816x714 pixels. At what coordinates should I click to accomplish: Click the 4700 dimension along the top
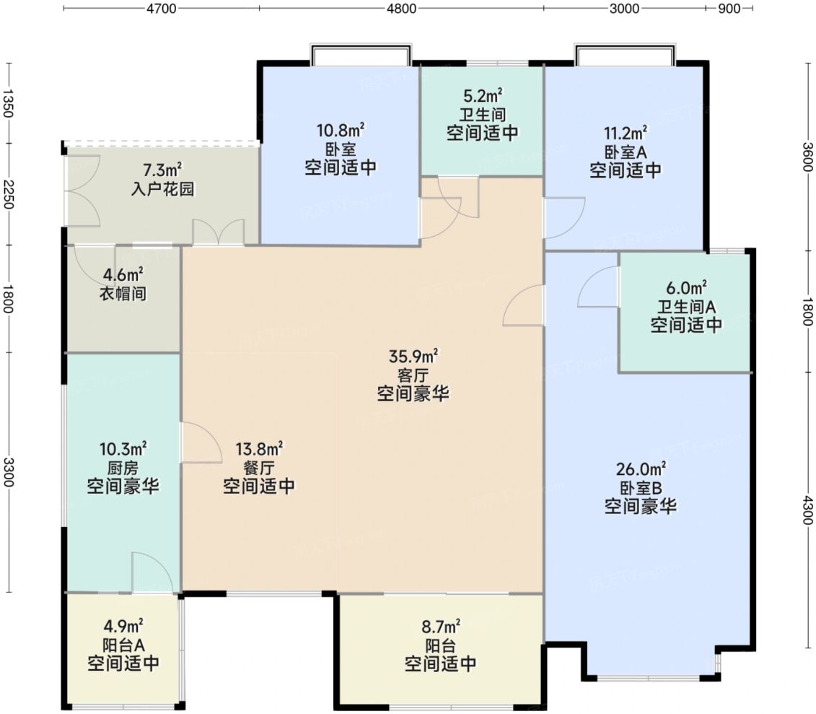click(162, 9)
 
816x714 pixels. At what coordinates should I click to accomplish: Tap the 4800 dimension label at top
click(402, 9)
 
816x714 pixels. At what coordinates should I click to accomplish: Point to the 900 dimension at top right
click(729, 9)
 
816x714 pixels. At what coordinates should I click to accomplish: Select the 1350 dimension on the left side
click(8, 103)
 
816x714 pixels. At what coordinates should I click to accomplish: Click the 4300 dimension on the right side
click(807, 510)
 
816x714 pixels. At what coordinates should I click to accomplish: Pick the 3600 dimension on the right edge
click(807, 157)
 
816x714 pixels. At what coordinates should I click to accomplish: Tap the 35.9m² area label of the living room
click(413, 356)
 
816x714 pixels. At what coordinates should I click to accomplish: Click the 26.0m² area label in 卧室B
click(641, 469)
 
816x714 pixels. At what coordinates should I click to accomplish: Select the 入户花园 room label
click(162, 188)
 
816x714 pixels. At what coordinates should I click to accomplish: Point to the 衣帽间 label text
click(123, 294)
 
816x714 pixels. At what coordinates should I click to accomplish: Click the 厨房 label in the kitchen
click(123, 468)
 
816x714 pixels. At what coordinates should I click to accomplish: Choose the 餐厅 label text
click(258, 467)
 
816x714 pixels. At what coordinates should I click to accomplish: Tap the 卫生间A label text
click(686, 306)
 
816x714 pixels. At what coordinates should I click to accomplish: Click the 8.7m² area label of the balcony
click(440, 625)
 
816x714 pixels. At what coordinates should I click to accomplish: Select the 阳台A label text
click(123, 645)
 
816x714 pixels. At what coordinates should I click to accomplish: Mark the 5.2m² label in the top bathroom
click(483, 95)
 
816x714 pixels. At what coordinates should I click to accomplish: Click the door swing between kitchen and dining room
click(201, 442)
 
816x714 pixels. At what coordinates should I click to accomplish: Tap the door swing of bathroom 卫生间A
click(598, 287)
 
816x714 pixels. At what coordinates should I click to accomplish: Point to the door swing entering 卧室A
click(565, 218)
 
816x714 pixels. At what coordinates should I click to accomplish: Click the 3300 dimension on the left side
click(8, 472)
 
